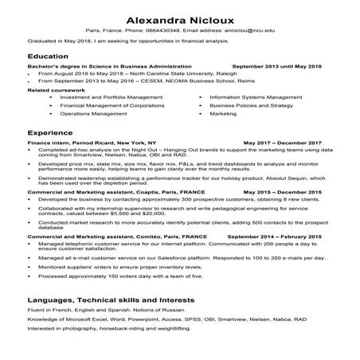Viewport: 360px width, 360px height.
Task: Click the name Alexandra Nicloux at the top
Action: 179,17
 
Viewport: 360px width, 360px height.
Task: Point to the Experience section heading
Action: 47,133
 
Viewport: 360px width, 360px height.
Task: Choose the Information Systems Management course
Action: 255,96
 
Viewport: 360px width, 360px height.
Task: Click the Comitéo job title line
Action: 105,237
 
